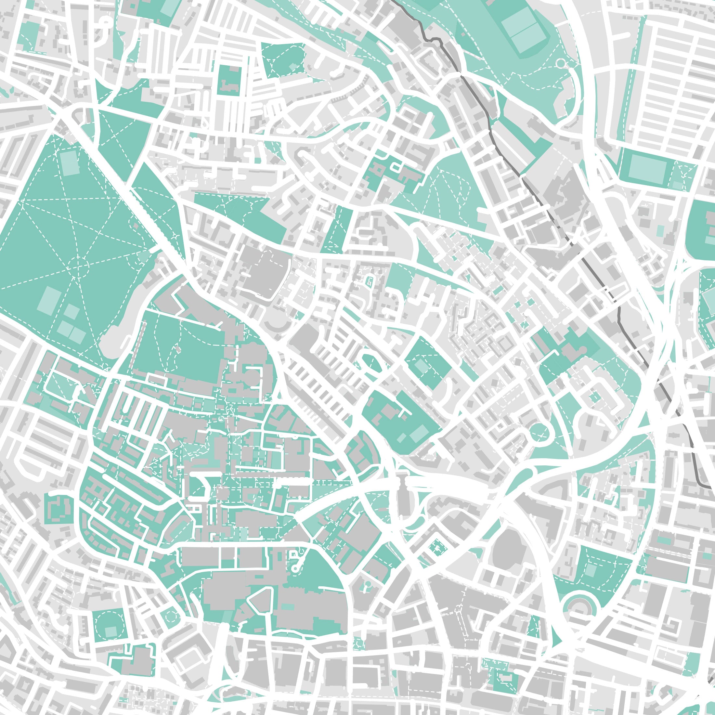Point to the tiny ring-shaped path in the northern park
point(560,64)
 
